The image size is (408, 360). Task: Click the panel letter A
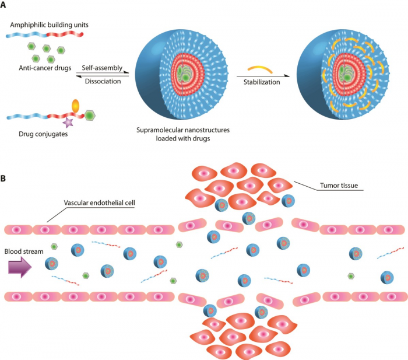pos(3,5)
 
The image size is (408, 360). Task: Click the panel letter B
pos(3,179)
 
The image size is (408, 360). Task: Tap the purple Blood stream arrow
pos(20,267)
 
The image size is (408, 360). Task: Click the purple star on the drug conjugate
pos(68,123)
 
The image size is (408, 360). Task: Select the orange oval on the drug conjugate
pos(75,106)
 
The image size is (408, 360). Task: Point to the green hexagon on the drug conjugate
pos(90,115)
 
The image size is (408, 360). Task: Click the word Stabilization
pos(262,82)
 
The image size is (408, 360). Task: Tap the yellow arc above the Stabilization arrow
pos(260,69)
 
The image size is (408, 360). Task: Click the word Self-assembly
pos(102,68)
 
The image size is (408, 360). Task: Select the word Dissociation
pos(103,81)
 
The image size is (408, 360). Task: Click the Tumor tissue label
pos(339,186)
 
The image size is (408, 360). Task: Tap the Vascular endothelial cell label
pos(100,203)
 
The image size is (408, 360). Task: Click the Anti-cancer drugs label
pos(45,68)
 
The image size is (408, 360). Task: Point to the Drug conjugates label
pos(43,134)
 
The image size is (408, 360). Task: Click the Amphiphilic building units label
pos(49,25)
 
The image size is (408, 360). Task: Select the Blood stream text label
pos(24,251)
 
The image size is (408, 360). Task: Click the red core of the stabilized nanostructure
pos(346,74)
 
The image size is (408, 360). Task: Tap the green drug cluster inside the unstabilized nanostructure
pos(184,74)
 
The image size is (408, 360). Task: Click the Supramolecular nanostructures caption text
pos(183,134)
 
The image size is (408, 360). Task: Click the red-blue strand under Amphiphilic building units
pos(45,34)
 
